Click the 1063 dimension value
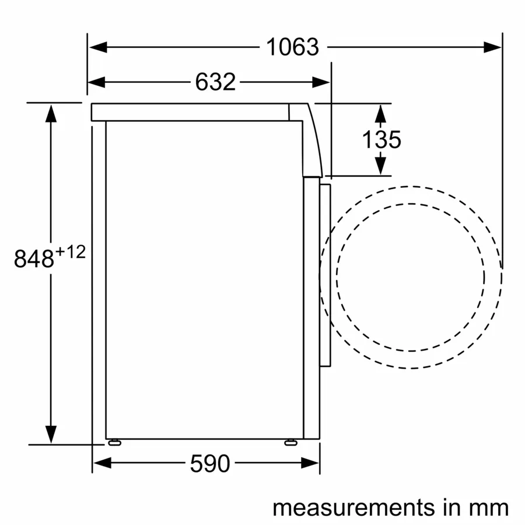point(293,47)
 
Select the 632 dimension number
point(215,82)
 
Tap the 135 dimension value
point(381,140)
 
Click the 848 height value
point(34,259)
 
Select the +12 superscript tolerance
point(71,252)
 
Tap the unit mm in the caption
point(487,507)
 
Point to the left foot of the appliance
point(114,442)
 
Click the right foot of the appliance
point(290,442)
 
